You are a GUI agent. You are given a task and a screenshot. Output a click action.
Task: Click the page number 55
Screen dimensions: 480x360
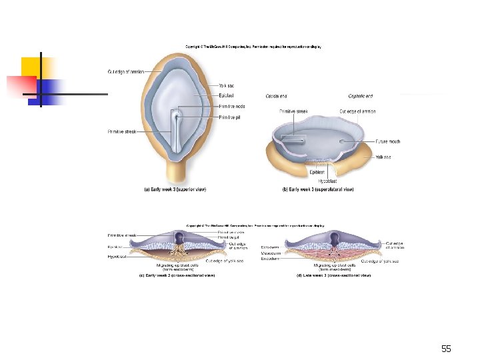pos(446,349)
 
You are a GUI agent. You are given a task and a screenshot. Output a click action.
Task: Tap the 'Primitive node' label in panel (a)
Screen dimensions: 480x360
pos(231,107)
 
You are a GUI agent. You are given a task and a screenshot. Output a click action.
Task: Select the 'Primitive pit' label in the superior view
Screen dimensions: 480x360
pos(229,117)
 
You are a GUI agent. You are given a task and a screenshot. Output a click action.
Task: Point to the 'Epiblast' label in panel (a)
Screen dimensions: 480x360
pos(225,96)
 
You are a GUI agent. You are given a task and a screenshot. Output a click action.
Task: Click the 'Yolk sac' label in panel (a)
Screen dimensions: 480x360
pos(226,85)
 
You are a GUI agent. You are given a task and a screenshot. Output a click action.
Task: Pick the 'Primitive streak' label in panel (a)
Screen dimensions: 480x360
pos(121,132)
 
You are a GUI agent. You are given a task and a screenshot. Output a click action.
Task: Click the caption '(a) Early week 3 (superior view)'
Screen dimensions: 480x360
pos(175,189)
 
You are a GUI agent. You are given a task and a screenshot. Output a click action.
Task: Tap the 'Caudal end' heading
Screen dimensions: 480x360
pos(276,96)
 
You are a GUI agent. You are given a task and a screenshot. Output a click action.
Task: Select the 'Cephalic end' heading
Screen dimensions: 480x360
pos(360,96)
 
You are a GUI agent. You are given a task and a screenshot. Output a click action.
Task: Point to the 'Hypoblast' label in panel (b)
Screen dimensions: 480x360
pos(327,181)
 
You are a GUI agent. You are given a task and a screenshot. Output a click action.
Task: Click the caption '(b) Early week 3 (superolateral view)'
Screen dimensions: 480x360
pos(318,189)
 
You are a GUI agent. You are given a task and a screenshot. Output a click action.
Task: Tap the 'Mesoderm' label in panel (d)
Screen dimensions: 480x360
pos(308,253)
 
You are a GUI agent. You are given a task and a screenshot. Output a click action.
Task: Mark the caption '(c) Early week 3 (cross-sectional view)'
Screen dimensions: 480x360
pos(176,275)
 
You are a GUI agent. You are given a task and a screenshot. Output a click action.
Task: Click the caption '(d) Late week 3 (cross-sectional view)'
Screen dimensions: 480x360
pos(333,275)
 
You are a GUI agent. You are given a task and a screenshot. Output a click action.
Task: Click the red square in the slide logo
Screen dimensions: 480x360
pos(19,86)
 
